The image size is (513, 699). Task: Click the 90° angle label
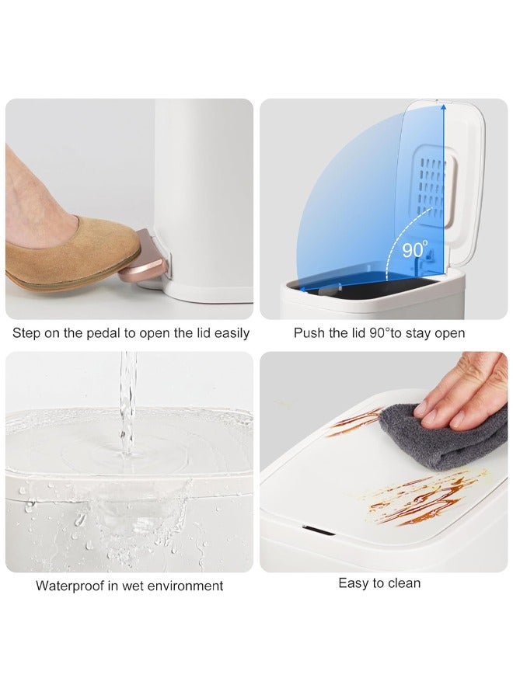pos(415,249)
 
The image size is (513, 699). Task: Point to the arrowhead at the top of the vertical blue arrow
pos(443,107)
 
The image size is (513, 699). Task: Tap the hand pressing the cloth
pos(464,392)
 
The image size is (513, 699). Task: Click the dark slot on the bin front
pos(319,530)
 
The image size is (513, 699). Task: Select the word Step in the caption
pos(26,333)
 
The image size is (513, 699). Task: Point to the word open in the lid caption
pos(448,334)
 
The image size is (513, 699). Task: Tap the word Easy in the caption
pos(354,583)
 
